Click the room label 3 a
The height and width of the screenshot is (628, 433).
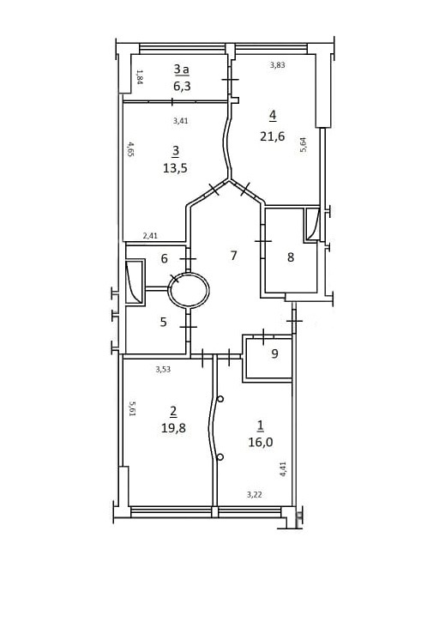[181, 69]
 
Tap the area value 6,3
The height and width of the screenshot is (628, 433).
[182, 86]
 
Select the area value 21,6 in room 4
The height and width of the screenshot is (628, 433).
[272, 136]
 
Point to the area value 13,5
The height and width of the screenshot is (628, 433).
[175, 168]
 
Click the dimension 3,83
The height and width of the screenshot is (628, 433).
[277, 65]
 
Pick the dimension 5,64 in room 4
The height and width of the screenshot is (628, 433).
[304, 145]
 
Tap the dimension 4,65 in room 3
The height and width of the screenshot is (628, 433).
[129, 148]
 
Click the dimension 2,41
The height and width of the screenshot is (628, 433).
[150, 236]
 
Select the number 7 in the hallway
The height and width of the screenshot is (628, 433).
[234, 255]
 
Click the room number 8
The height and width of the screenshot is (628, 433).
[291, 257]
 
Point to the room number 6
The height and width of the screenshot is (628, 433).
[164, 259]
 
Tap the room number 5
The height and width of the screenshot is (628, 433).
[163, 322]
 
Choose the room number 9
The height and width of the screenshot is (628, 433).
[274, 353]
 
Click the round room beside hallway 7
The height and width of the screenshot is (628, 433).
[188, 274]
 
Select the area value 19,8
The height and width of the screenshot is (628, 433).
[173, 428]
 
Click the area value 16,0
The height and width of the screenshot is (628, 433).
[261, 442]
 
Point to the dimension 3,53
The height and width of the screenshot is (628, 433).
[163, 369]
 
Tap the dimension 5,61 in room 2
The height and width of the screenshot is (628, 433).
[132, 409]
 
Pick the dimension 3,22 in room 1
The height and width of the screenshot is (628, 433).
[255, 495]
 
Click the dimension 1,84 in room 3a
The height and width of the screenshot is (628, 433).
[139, 77]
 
